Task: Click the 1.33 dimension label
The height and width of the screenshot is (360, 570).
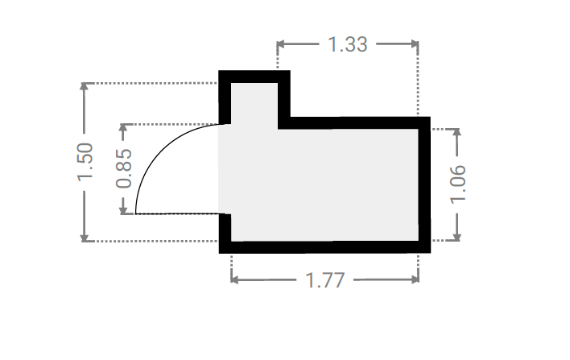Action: tap(348, 44)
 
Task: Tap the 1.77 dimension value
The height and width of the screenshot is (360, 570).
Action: tap(324, 280)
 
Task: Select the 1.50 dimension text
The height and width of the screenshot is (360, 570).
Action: tap(85, 162)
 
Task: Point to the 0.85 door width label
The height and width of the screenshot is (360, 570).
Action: tap(124, 168)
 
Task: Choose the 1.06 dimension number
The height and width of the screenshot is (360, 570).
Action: tap(457, 184)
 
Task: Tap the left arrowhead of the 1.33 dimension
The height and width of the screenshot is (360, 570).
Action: tap(281, 44)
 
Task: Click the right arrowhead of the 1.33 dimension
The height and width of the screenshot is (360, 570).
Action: tap(415, 44)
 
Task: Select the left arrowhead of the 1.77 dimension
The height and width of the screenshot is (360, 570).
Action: tap(235, 279)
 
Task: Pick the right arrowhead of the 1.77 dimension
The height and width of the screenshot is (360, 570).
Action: tap(415, 279)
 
